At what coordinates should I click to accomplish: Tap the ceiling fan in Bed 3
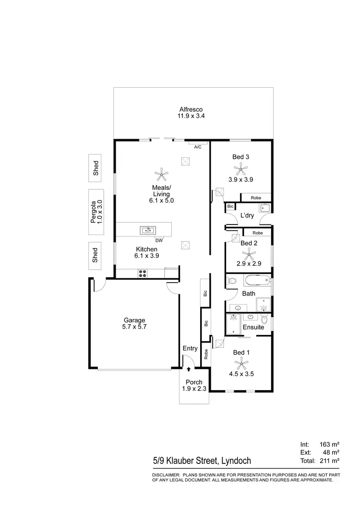click(x=240, y=168)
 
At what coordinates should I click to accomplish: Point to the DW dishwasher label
click(x=158, y=240)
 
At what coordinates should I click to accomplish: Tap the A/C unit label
click(x=197, y=147)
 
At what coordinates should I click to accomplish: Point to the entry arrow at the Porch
click(x=188, y=369)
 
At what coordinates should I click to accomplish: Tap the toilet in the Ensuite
click(x=264, y=319)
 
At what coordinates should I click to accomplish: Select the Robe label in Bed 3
click(x=256, y=197)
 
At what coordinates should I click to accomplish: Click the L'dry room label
click(x=247, y=216)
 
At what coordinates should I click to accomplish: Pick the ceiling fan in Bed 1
click(x=241, y=362)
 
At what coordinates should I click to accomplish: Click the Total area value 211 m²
click(x=329, y=461)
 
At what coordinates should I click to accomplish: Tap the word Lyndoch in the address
click(x=235, y=461)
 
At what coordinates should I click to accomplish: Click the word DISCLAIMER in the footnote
click(x=166, y=474)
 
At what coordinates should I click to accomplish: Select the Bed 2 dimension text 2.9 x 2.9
click(x=249, y=263)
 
